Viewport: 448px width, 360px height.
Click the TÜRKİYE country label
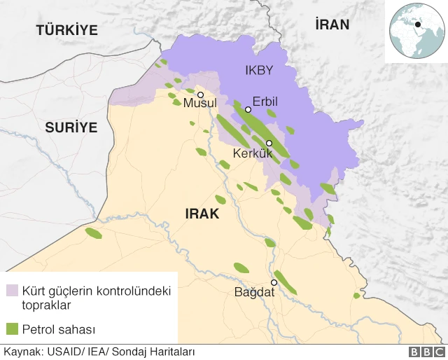(x=66, y=29)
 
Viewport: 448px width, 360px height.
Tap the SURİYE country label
(x=71, y=127)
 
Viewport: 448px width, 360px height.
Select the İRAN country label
(x=332, y=25)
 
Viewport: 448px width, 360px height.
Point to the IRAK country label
(x=202, y=214)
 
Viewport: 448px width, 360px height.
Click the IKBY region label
(x=258, y=70)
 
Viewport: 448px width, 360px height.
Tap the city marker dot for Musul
(x=201, y=95)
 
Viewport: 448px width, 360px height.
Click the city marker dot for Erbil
(x=248, y=109)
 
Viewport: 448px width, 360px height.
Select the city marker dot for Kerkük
(x=269, y=143)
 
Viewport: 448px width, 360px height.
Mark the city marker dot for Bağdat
(x=274, y=282)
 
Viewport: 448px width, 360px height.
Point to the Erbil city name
(x=265, y=102)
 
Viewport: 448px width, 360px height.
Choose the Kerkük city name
(x=251, y=153)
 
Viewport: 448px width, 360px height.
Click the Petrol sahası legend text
(x=58, y=328)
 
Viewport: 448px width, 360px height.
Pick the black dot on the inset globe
(x=418, y=25)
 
